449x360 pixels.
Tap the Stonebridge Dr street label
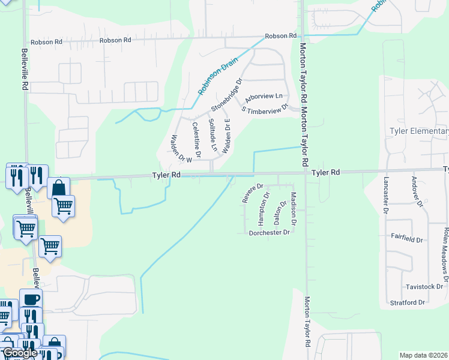pyautogui.click(x=226, y=95)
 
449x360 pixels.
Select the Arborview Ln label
pyautogui.click(x=264, y=97)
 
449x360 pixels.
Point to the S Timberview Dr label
pyautogui.click(x=265, y=109)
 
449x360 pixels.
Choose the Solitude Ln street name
pyautogui.click(x=212, y=135)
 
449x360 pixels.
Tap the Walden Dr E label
pyautogui.click(x=226, y=136)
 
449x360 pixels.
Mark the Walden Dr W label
pyautogui.click(x=181, y=149)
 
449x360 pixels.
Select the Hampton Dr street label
pyautogui.click(x=263, y=208)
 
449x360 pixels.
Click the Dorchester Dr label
pyautogui.click(x=270, y=232)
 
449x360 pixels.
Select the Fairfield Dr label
pyautogui.click(x=407, y=239)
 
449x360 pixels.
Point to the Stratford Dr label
pyautogui.click(x=408, y=302)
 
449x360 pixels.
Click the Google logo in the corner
pyautogui.click(x=20, y=353)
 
